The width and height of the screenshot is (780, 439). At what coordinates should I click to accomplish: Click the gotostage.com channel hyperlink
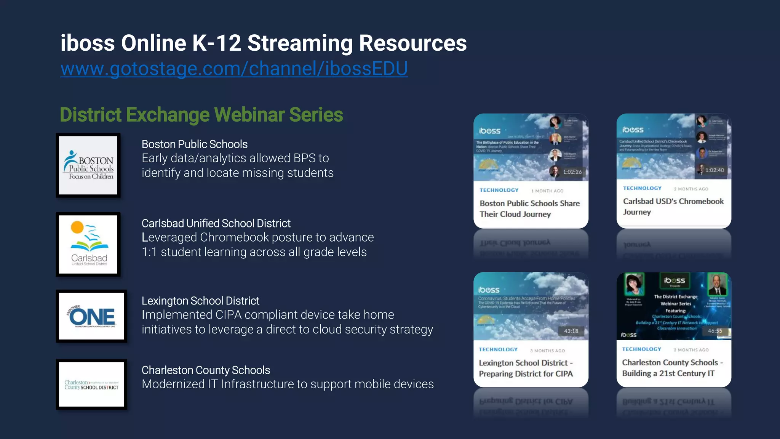tap(234, 69)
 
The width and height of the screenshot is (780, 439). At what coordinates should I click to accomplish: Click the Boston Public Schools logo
tap(88, 165)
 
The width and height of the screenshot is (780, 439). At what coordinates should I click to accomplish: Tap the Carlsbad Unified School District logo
tap(88, 244)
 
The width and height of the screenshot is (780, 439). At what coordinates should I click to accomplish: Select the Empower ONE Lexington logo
tap(91, 316)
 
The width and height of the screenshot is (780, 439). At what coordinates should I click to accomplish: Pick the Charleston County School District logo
tap(91, 384)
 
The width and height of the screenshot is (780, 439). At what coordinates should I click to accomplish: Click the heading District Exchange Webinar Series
tap(201, 115)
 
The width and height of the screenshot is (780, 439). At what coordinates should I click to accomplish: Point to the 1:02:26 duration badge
tap(572, 172)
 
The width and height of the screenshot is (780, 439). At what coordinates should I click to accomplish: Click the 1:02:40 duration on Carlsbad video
tap(714, 170)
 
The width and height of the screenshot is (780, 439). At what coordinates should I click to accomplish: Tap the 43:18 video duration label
tap(571, 331)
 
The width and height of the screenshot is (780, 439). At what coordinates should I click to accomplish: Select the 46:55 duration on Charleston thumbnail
tap(714, 331)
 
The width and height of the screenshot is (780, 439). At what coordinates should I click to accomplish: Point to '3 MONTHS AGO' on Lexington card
tap(547, 351)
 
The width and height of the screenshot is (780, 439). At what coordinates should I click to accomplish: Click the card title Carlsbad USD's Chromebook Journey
tap(673, 206)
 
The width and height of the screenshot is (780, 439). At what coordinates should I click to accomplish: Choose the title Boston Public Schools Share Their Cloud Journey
tap(529, 208)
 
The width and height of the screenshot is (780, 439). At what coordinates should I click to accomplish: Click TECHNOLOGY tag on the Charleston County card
tap(641, 349)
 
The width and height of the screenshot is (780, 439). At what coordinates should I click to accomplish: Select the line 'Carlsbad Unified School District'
tap(216, 223)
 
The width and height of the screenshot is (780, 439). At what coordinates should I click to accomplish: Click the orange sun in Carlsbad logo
tap(77, 227)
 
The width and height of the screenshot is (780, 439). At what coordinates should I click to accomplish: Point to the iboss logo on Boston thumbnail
tap(489, 131)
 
